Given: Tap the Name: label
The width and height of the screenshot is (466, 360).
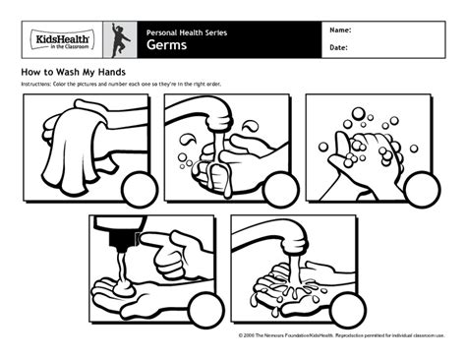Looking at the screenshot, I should [341, 30].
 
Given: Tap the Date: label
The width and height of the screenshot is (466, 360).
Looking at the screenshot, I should [339, 46].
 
